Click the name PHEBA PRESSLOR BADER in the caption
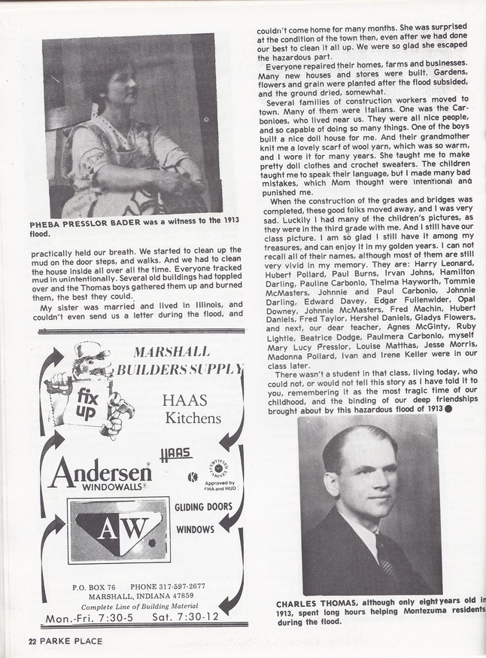pyautogui.click(x=90, y=224)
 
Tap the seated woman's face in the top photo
pyautogui.click(x=113, y=79)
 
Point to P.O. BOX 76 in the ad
pyautogui.click(x=93, y=586)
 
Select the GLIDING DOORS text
pyautogui.click(x=203, y=507)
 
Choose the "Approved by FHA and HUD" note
pyautogui.click(x=220, y=486)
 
